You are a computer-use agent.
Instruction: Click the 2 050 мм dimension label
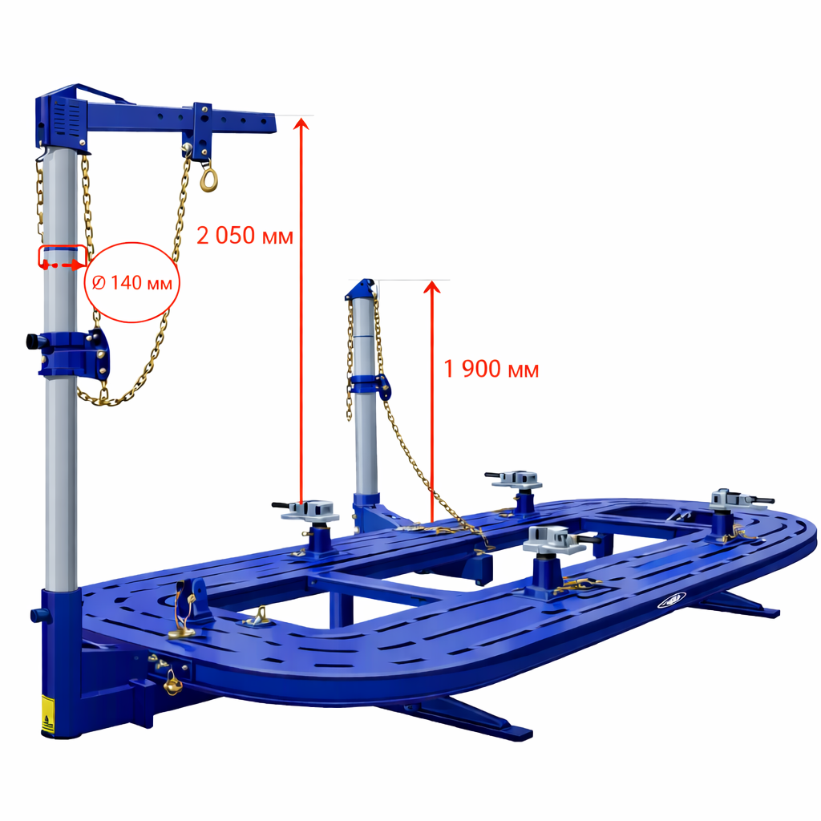tap(245, 236)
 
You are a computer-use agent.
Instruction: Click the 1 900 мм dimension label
tap(491, 369)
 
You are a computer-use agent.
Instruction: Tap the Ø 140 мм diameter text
tap(131, 283)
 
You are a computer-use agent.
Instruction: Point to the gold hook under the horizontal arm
tap(208, 176)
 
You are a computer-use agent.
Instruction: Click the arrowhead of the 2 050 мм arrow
tap(301, 123)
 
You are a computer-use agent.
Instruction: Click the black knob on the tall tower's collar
tap(32, 342)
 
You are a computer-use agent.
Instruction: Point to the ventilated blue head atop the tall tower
tap(63, 119)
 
